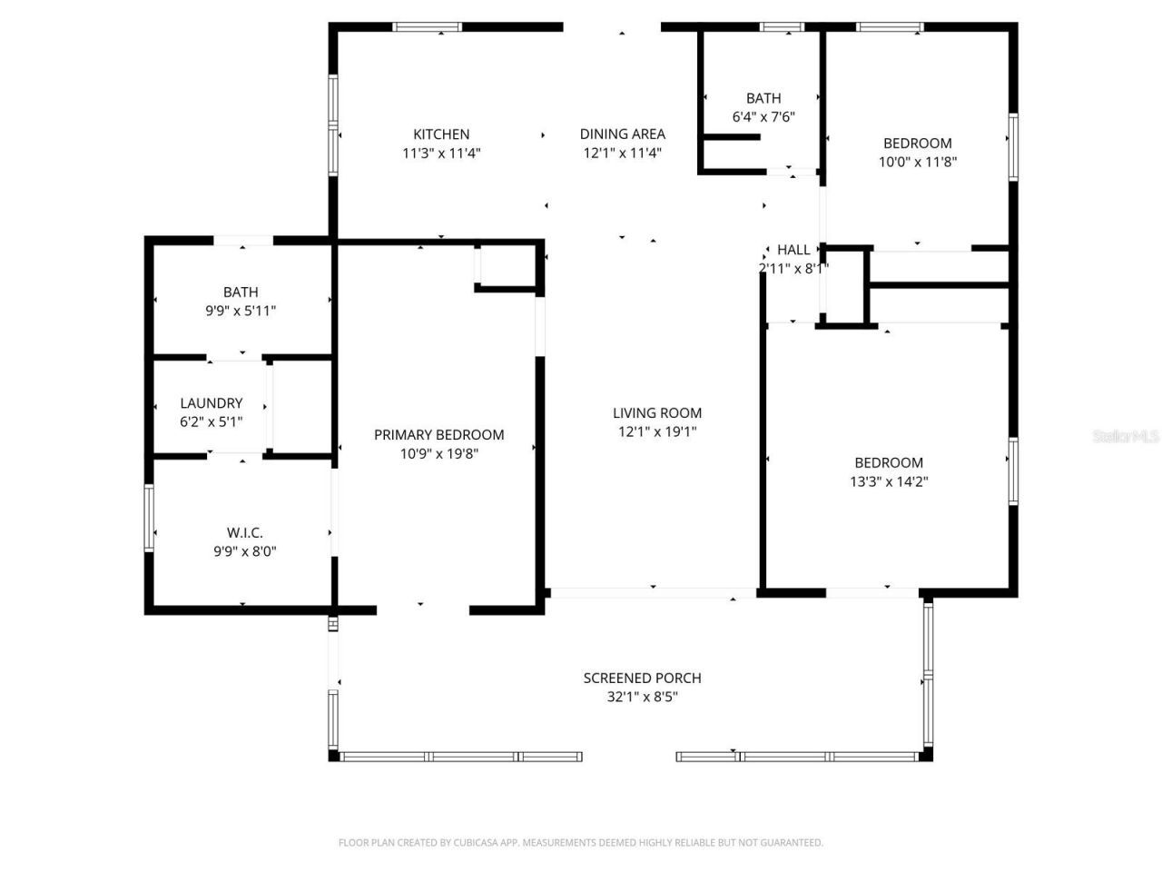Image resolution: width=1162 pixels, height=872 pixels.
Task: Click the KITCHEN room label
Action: click(x=441, y=134)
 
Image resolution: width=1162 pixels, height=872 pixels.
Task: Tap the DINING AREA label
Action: click(x=622, y=134)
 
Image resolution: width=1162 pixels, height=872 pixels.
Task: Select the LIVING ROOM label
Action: click(x=656, y=413)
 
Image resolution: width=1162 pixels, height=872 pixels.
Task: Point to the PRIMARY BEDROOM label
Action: click(x=438, y=435)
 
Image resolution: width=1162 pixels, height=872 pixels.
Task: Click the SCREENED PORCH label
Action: click(x=642, y=679)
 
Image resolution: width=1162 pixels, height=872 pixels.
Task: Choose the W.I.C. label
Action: click(x=244, y=533)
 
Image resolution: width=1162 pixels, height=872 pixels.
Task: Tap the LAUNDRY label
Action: click(x=211, y=403)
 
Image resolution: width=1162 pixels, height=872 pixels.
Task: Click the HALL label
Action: click(x=793, y=250)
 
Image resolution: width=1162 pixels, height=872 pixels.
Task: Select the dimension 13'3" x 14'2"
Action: click(x=888, y=482)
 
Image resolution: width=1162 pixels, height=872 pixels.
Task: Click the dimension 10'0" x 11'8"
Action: click(x=917, y=163)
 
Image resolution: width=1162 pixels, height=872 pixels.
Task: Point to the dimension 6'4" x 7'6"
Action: click(x=763, y=117)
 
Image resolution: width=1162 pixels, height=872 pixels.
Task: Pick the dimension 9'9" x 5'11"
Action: click(x=241, y=312)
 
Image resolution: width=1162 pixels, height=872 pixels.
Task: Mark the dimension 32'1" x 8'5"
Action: click(x=642, y=698)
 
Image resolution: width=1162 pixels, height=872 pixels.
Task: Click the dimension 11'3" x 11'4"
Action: click(x=441, y=154)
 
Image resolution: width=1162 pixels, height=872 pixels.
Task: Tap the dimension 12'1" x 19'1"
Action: click(x=656, y=432)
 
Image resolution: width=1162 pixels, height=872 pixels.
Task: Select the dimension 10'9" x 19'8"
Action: click(x=438, y=454)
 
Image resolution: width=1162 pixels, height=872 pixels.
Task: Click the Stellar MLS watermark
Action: click(x=1126, y=437)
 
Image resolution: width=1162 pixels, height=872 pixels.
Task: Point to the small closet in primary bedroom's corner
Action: click(x=506, y=267)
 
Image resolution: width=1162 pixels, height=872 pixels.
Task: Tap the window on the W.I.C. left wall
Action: click(x=150, y=519)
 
